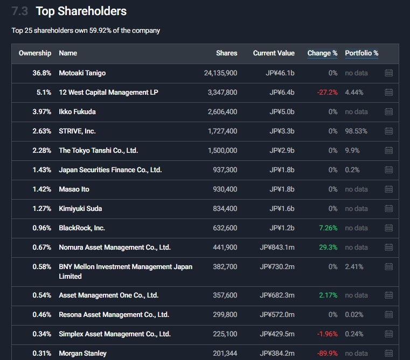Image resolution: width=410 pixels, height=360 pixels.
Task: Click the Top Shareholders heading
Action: (81, 11)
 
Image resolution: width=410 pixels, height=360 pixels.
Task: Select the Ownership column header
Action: (35, 53)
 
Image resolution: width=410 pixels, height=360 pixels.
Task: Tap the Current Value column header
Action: (274, 53)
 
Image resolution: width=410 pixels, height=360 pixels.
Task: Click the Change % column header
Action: (322, 53)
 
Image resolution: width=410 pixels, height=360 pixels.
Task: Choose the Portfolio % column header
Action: (362, 53)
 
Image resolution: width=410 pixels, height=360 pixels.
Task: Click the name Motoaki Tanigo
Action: (82, 73)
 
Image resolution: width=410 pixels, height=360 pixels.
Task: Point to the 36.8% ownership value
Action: (42, 73)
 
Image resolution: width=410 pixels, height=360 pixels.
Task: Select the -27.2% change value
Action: (327, 93)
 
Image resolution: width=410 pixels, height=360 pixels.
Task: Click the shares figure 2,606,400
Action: (222, 112)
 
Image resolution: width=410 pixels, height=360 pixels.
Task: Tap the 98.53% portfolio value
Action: (356, 131)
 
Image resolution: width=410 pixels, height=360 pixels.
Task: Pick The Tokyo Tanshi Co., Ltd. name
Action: (98, 151)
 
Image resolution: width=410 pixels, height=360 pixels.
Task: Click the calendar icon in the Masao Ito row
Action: (389, 189)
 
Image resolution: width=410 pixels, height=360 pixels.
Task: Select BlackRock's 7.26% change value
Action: (328, 228)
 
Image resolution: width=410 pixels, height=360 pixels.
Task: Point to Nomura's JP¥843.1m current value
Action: (277, 248)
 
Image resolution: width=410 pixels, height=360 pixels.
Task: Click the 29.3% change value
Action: (328, 248)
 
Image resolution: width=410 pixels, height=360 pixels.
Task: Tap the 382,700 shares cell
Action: (225, 267)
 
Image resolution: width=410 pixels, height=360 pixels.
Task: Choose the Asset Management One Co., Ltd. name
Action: (108, 295)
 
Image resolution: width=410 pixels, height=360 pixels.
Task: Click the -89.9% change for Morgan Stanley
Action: (327, 354)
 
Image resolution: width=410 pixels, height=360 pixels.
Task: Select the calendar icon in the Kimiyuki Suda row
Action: (389, 209)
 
